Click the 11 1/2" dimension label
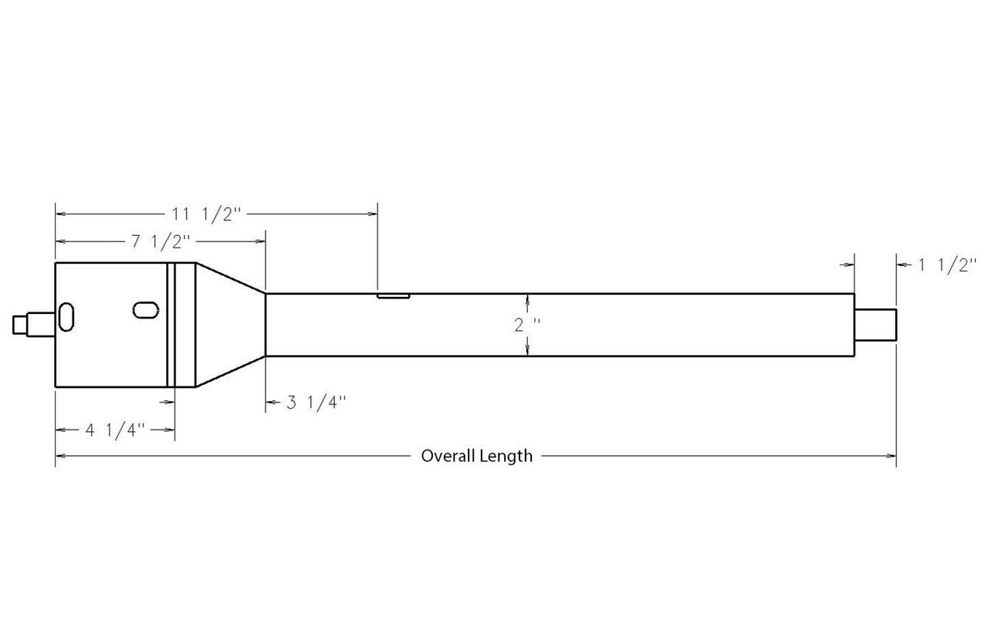pos(207,214)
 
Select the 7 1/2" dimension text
pos(161,242)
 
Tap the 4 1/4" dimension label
pos(116,430)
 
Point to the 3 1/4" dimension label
pos(316,402)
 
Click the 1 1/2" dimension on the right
pos(947,265)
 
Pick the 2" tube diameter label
pos(526,324)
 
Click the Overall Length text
pos(476,456)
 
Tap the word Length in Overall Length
pos(506,456)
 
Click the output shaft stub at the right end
pos(876,324)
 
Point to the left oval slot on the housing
pos(66,316)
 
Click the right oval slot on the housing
pos(145,309)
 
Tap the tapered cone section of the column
pos(232,324)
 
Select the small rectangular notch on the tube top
pos(393,295)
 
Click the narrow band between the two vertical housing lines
pos(171,324)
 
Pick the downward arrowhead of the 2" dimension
pos(526,350)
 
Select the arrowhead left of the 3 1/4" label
pos(272,402)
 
